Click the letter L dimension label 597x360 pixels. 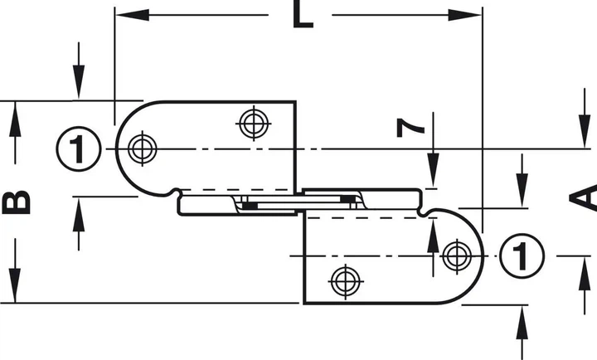coord(303,14)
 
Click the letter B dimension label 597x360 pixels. coord(16,202)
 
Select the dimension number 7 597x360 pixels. coord(410,128)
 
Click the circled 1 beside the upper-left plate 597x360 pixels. coord(79,148)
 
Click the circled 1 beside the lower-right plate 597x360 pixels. coord(522,256)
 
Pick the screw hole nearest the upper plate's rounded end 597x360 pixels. coord(143,148)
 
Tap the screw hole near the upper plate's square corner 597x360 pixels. coord(254,124)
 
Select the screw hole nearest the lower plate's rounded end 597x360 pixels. coord(457,256)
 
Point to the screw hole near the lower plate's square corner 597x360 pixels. coord(345,281)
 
